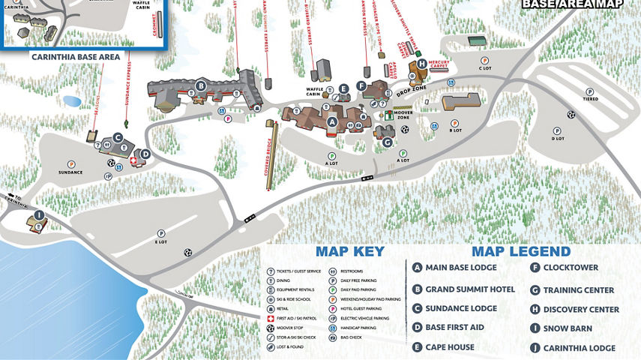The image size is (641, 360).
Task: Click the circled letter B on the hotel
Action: (x=201, y=85)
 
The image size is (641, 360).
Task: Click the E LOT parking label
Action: (x=161, y=241)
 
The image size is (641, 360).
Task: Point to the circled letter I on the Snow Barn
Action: (x=39, y=214)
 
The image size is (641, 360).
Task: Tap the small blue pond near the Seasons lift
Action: (x=72, y=100)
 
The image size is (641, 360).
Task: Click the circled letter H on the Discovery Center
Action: (x=422, y=64)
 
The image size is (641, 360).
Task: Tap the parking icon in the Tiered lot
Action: (x=590, y=89)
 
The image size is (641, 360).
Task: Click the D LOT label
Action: (x=558, y=138)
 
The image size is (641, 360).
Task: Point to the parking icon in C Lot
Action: (x=484, y=60)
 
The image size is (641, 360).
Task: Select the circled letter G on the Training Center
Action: (x=387, y=142)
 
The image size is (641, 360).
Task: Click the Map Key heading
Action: (x=349, y=252)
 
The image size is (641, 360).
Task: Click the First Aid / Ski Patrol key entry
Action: (x=296, y=317)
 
